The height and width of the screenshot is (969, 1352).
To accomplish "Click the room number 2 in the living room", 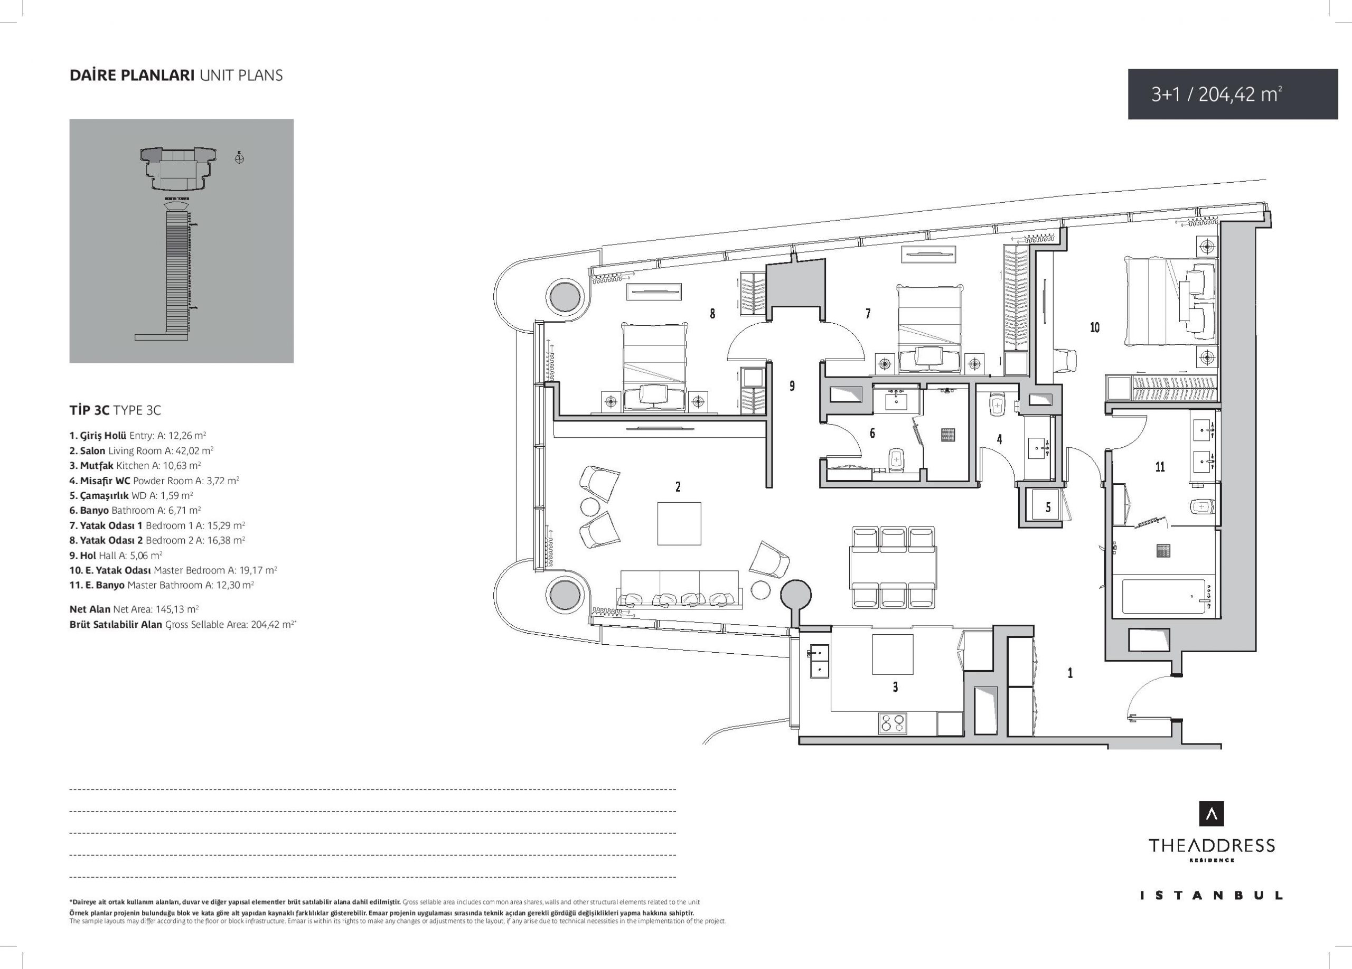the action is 678,487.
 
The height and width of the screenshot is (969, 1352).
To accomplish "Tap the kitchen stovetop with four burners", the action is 893,723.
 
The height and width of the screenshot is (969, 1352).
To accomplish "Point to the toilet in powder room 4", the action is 997,405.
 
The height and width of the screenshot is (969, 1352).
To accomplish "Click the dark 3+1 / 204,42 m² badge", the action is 1233,94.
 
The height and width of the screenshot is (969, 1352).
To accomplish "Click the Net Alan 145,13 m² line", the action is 134,609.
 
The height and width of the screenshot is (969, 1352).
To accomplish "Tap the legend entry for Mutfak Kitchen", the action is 135,465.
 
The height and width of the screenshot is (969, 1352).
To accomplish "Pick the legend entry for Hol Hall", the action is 116,555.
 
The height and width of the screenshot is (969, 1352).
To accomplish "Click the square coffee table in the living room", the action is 679,523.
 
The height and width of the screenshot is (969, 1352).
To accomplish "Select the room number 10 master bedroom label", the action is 1094,327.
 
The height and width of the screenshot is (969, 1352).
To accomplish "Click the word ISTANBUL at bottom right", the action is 1212,912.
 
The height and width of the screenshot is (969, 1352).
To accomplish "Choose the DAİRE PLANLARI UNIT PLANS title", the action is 176,76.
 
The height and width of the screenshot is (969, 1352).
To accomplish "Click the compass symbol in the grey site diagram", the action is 240,158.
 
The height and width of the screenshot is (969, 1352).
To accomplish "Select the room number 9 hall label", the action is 792,386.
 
